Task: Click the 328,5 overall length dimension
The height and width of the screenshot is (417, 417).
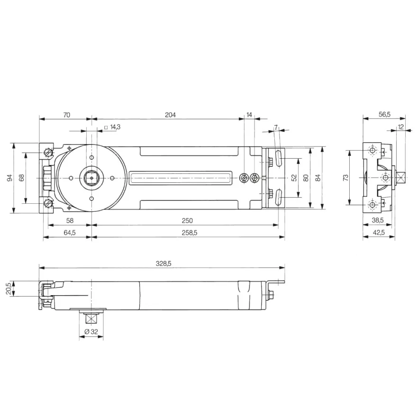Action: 163,263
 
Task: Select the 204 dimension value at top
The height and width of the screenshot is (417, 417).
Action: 170,115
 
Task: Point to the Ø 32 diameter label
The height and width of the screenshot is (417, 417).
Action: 91,332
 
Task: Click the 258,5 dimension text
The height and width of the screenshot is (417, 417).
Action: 190,233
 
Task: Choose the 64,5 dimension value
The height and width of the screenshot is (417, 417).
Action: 70,233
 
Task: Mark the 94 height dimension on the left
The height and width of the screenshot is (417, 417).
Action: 10,178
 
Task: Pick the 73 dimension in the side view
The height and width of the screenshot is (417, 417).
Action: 345,178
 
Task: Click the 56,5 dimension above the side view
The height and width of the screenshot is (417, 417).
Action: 385,114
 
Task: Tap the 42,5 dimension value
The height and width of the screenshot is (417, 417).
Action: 379,233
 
